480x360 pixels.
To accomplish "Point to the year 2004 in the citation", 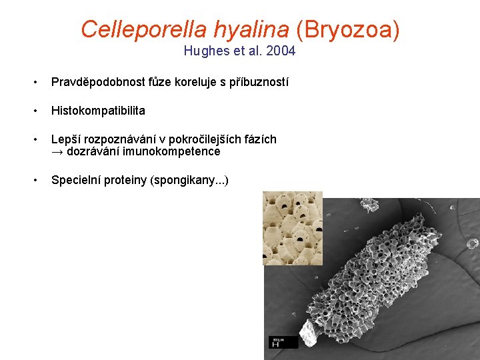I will [x=282, y=51].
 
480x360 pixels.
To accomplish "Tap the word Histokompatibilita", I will [x=98, y=111].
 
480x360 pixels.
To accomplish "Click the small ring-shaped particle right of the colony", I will [x=472, y=243].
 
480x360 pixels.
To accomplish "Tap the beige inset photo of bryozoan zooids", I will [x=292, y=227].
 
